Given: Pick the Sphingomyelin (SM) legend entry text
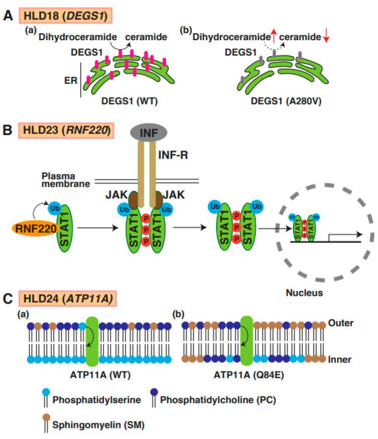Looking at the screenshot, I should click(89, 424).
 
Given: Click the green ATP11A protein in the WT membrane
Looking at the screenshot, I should click(94, 340).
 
